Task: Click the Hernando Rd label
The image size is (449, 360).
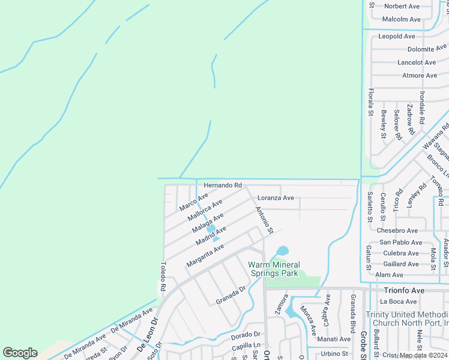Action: (x=223, y=185)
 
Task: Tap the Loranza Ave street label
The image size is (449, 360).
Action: (x=276, y=198)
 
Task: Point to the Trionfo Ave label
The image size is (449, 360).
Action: (x=404, y=290)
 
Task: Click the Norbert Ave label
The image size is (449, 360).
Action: (x=402, y=7)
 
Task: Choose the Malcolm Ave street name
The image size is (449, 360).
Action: (x=402, y=19)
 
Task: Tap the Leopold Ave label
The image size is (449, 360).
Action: (x=397, y=37)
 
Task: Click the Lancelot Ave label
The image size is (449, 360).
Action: (x=417, y=62)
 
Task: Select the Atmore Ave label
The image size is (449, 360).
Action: (x=420, y=76)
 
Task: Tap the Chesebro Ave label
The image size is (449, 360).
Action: (x=397, y=230)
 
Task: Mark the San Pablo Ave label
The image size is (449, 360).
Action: (x=400, y=242)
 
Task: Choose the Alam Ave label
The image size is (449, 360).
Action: (x=389, y=275)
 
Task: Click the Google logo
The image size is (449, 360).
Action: (x=20, y=353)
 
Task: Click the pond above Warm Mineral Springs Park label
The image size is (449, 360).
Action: (x=282, y=251)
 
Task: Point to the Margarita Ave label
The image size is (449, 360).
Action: (x=205, y=256)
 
